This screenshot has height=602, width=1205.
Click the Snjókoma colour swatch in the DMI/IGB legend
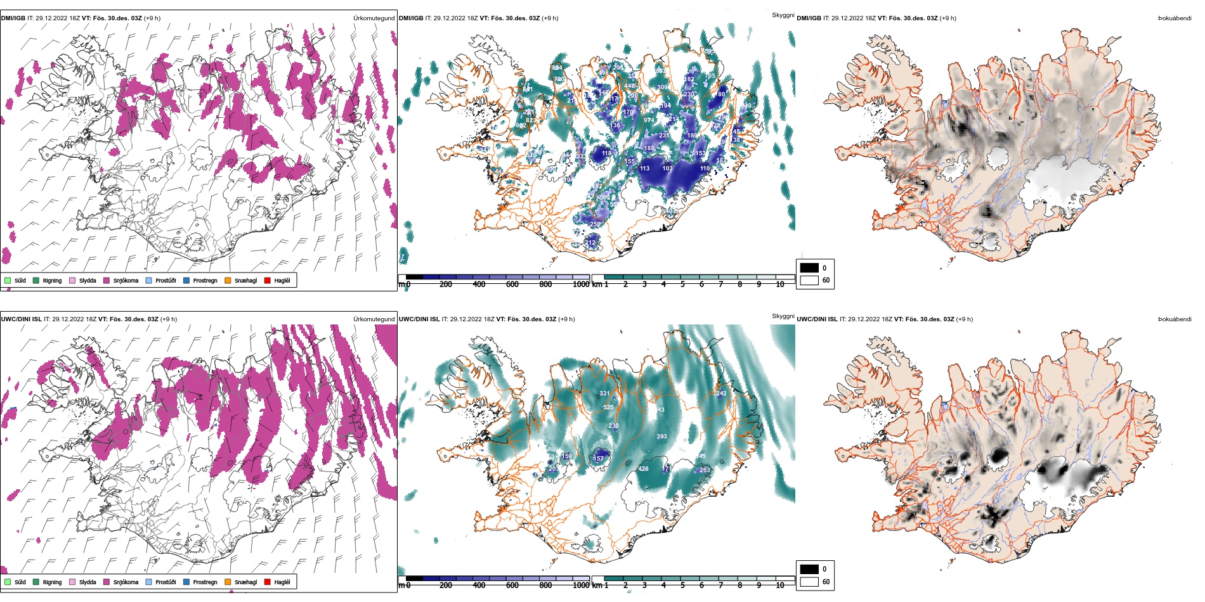point(107,280)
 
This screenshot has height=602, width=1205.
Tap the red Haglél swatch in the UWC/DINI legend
point(268,582)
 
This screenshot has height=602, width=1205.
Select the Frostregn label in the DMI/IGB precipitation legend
point(205,281)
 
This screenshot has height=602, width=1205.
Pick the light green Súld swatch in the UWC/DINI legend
point(8,582)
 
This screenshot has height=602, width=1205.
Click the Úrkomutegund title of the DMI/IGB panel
point(374,18)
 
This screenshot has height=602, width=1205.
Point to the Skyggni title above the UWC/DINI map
point(783,316)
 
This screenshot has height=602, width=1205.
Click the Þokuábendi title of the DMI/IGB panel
point(1175,18)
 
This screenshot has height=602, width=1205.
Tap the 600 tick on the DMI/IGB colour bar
point(512,285)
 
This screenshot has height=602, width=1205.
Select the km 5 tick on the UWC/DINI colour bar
point(682,586)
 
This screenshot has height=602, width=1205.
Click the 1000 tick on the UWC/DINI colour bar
point(581,586)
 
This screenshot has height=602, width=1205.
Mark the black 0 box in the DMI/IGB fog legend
point(809,267)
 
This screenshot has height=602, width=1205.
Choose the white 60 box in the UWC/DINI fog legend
point(809,582)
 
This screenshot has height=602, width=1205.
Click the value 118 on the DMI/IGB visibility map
point(607,153)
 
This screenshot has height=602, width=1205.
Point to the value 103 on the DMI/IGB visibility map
point(667,169)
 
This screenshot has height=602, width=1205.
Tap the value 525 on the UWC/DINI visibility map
point(608,407)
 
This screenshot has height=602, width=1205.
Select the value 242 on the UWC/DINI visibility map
point(721,394)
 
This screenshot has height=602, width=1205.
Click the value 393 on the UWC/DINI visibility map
point(661,437)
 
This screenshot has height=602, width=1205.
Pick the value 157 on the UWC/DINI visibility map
point(598,458)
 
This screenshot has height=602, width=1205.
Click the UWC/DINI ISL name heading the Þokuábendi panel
point(817,319)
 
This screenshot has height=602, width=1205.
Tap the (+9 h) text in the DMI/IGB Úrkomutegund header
point(152,18)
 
